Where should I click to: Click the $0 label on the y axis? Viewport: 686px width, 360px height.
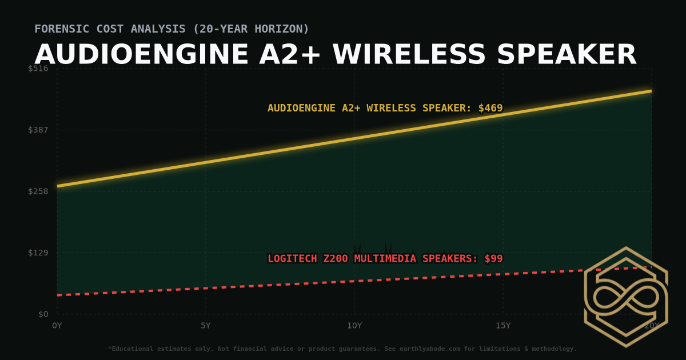pyautogui.click(x=43, y=314)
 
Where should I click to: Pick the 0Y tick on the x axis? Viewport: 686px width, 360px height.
pyautogui.click(x=57, y=326)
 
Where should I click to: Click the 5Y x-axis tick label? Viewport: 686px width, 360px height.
pyautogui.click(x=206, y=326)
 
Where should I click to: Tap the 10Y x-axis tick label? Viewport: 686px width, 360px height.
pyautogui.click(x=354, y=326)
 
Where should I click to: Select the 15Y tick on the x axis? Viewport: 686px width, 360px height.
pyautogui.click(x=503, y=326)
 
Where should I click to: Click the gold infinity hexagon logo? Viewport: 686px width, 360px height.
pyautogui.click(x=626, y=297)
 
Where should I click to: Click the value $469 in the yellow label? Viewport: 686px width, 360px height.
pyautogui.click(x=490, y=108)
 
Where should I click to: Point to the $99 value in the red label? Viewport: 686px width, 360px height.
pyautogui.click(x=493, y=259)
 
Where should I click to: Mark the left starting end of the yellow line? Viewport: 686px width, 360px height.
pyautogui.click(x=58, y=186)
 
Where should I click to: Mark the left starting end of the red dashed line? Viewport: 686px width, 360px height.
pyautogui.click(x=58, y=295)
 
